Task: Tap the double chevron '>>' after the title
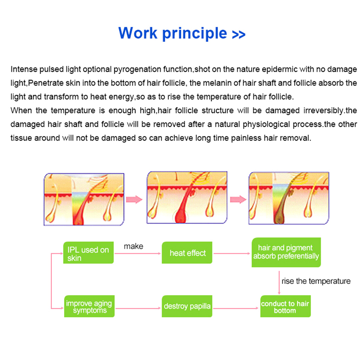point(238,35)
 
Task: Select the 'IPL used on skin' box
point(88,253)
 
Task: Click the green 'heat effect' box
point(187,253)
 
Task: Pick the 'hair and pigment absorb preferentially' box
point(286,252)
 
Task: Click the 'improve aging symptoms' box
point(89,307)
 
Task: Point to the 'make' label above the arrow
point(133,246)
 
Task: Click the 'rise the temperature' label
point(316,281)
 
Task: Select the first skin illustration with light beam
point(84,199)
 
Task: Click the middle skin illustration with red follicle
point(187,199)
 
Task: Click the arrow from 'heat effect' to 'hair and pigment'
point(232,253)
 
